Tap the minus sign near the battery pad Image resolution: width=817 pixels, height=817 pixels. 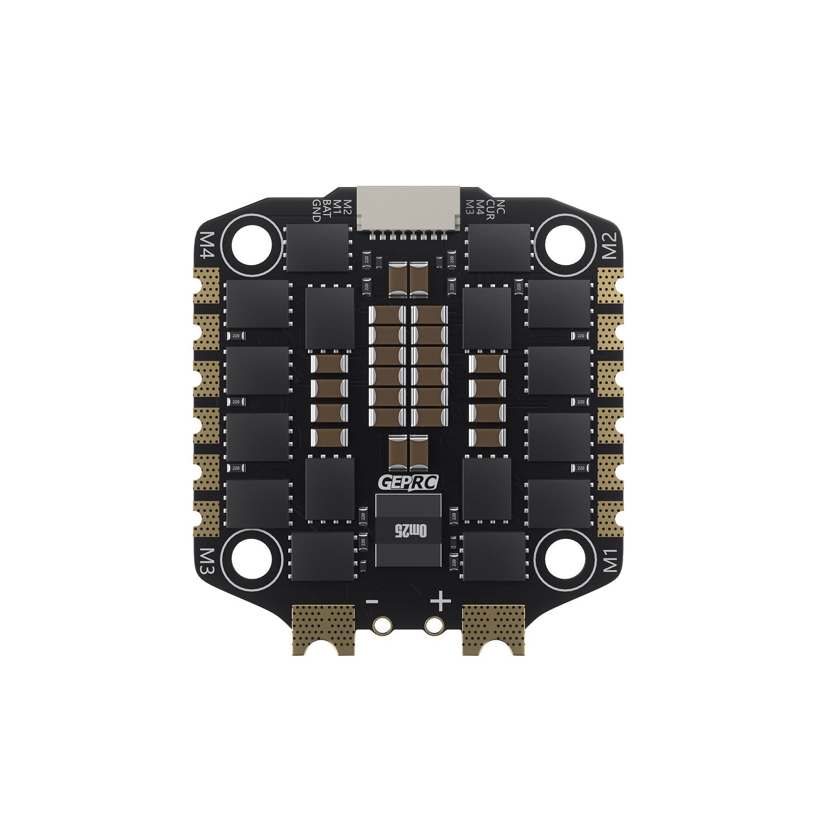pyautogui.click(x=371, y=601)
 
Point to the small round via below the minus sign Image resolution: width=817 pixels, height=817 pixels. pyautogui.click(x=382, y=625)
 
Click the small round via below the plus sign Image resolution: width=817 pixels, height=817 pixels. pyautogui.click(x=433, y=625)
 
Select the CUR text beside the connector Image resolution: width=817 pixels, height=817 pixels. pyautogui.click(x=491, y=209)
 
